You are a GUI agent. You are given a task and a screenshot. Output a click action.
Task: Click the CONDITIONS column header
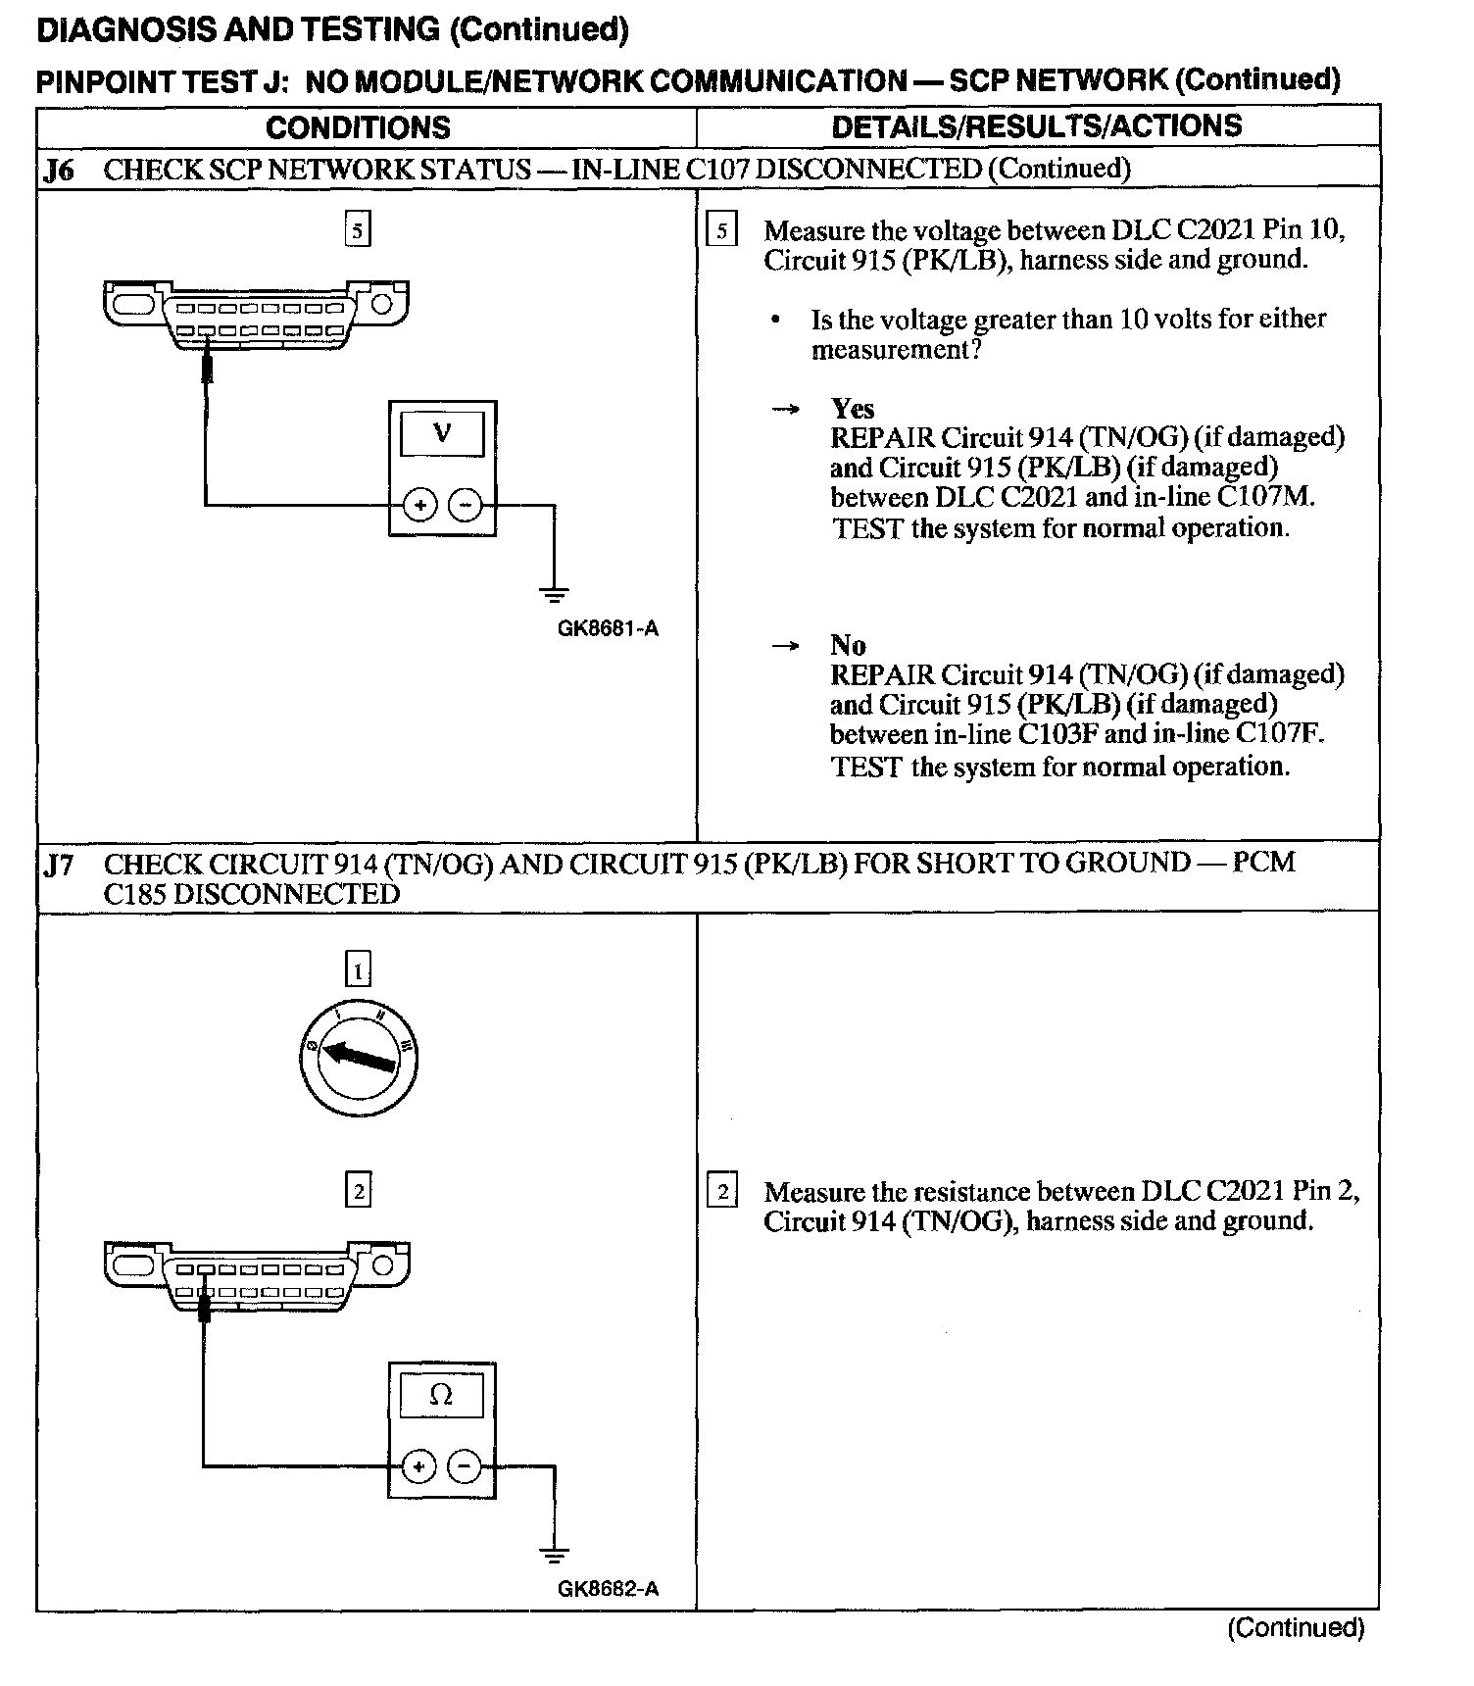coord(358,127)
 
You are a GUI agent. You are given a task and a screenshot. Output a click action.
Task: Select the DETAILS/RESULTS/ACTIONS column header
coord(1036,126)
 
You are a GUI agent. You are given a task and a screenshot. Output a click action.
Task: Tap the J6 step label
coord(59,171)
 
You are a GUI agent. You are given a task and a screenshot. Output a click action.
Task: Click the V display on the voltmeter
coord(442,433)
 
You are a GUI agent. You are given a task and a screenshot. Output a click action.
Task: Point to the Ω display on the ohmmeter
coord(441,1396)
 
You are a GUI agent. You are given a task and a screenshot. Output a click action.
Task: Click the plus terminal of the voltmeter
coord(420,506)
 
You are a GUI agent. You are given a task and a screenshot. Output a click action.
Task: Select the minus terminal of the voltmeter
coord(465,506)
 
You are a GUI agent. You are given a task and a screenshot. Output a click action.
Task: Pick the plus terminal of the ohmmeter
coord(418,1467)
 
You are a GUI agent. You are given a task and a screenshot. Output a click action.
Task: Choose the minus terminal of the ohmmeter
coord(465,1467)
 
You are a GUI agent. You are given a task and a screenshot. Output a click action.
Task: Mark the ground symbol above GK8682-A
coord(554,1554)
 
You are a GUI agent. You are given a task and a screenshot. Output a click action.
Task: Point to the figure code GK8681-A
coord(608,628)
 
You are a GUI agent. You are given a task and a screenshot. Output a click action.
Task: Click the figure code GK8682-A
coord(608,1589)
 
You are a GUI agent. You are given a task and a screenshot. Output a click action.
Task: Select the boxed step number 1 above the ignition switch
coord(359,970)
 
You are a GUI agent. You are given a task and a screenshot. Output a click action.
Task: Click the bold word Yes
coord(853,408)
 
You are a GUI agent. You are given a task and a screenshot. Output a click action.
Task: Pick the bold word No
coord(848,645)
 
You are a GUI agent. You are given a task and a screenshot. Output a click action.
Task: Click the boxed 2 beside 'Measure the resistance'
coord(722,1192)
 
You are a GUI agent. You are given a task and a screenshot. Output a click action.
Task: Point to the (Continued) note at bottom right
coord(1295,1628)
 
